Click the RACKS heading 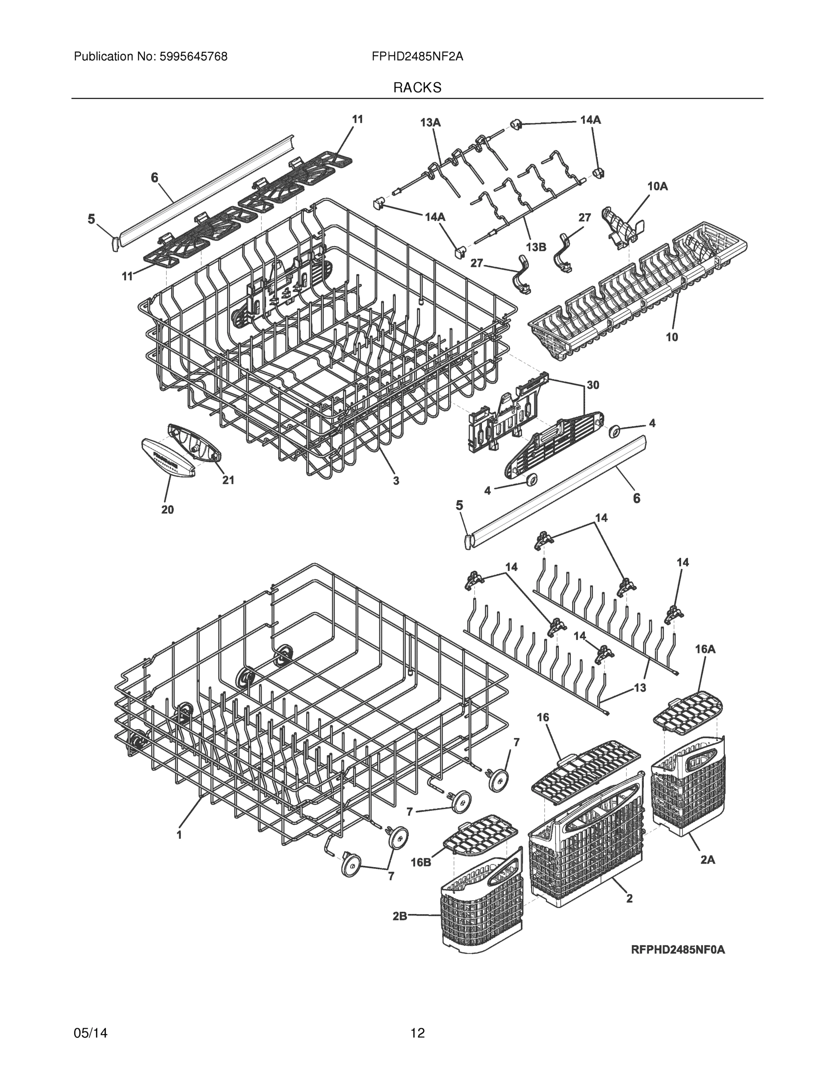point(417,88)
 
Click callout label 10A point(657,186)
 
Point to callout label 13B point(536,247)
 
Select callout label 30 point(593,385)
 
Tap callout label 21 point(228,480)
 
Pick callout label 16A point(705,649)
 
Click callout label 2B point(400,916)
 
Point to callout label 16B point(420,862)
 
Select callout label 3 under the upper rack point(396,480)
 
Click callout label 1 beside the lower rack point(179,835)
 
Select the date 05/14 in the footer point(90,1033)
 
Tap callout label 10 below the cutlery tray point(671,337)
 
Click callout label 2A point(707,860)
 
